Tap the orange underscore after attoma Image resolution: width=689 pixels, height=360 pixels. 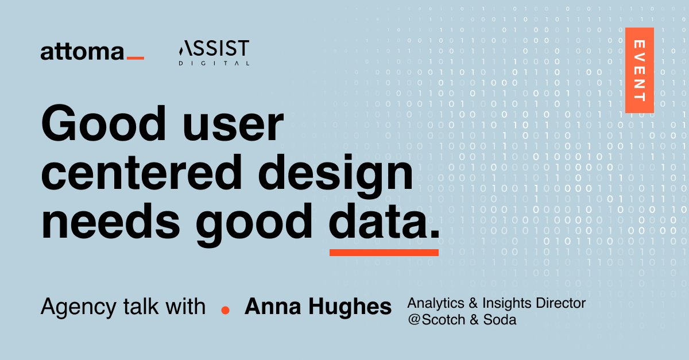135,58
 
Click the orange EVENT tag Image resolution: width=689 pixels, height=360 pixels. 639,70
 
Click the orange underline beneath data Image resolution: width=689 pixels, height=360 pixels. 384,252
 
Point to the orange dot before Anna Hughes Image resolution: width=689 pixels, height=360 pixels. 225,309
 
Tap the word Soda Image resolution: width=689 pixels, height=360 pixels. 500,320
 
